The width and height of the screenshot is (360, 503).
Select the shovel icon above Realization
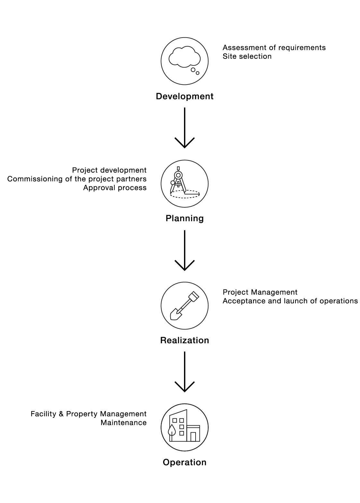[x=184, y=306]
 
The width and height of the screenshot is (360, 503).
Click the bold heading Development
[x=184, y=96]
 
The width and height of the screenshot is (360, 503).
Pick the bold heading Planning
[x=184, y=218]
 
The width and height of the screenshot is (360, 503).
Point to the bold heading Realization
[x=184, y=340]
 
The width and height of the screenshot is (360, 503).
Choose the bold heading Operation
[x=184, y=463]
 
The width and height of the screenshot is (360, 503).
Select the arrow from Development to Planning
[x=184, y=128]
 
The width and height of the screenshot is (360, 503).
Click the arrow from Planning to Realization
[x=184, y=250]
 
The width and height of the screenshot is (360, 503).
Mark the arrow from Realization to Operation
[x=184, y=372]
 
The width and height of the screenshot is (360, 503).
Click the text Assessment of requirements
[x=274, y=48]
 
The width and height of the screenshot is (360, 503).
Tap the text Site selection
[x=247, y=56]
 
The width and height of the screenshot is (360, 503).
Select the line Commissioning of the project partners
[x=77, y=179]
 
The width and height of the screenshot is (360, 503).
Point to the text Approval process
[x=115, y=188]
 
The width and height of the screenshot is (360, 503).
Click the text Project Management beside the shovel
[x=260, y=292]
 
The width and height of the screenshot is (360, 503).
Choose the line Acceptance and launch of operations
[x=290, y=301]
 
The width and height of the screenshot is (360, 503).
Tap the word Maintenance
[x=123, y=423]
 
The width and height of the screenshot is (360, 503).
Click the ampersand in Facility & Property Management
[x=61, y=414]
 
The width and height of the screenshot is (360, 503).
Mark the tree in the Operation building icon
[x=171, y=432]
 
